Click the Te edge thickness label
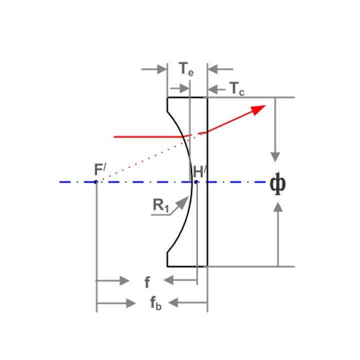[x=186, y=69]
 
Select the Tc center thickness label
[x=237, y=88]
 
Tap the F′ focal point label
[x=100, y=169]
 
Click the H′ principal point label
[x=199, y=171]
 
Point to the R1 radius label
[x=161, y=205]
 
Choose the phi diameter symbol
[x=278, y=183]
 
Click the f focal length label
[x=147, y=282]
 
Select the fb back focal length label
[x=156, y=303]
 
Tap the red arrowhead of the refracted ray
[x=258, y=109]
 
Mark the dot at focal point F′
[x=96, y=182]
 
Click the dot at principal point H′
[x=196, y=182]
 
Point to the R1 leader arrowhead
[x=183, y=202]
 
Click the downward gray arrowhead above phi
[x=275, y=157]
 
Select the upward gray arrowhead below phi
[x=278, y=207]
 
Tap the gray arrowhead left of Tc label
[x=212, y=89]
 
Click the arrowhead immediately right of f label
[x=168, y=280]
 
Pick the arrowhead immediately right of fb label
[x=173, y=302]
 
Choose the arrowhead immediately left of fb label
[x=131, y=303]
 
